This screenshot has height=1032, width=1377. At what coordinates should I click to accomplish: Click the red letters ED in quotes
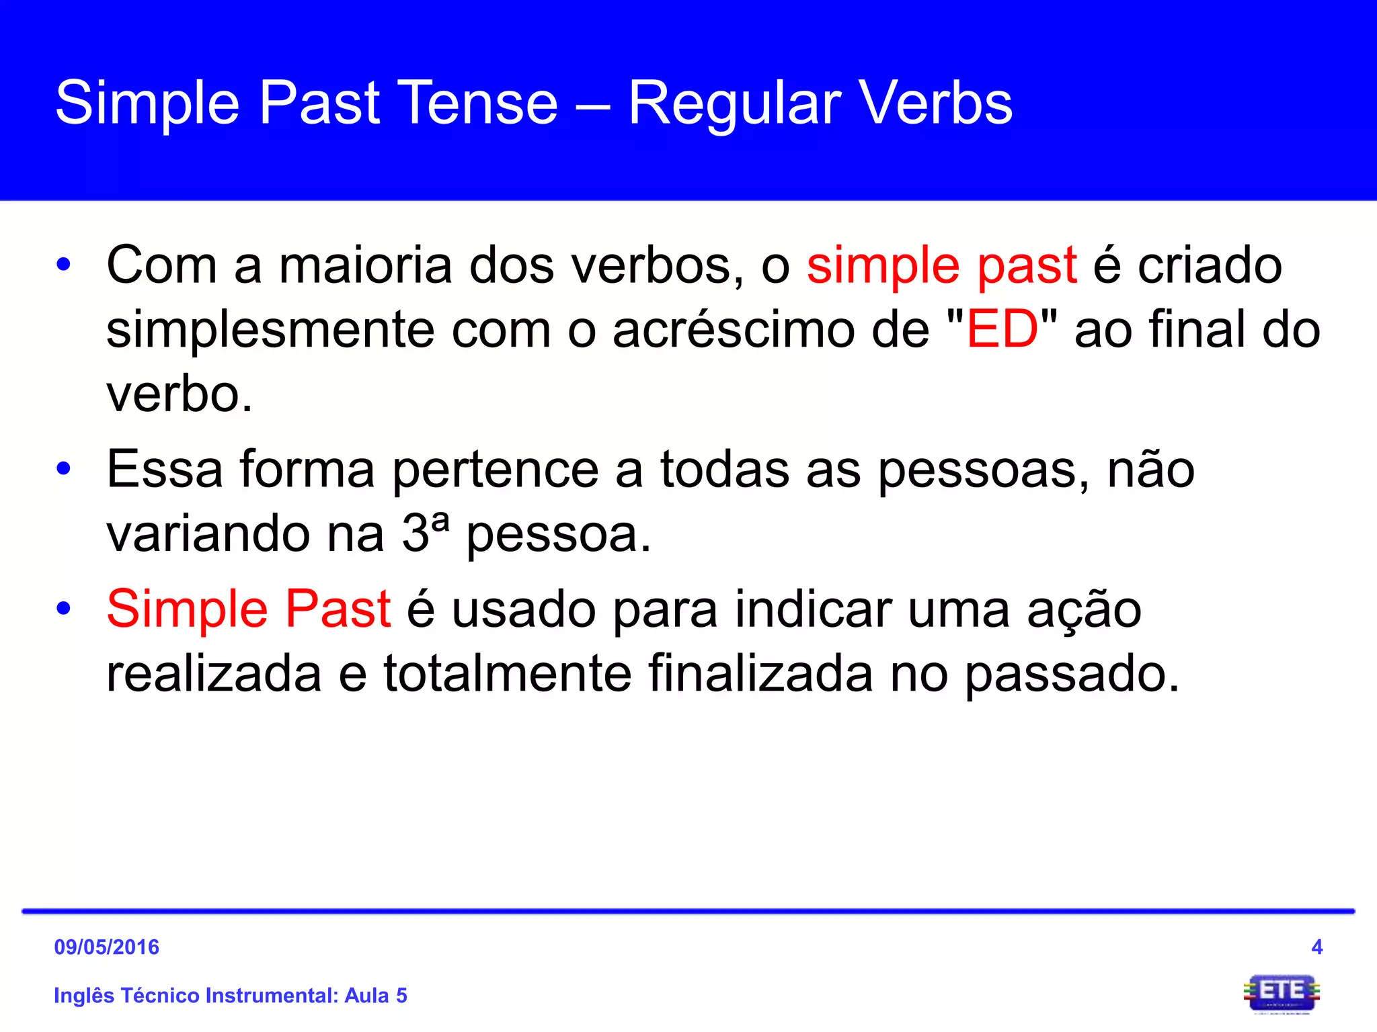coord(1002,329)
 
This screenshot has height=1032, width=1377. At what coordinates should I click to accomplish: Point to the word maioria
coord(365,265)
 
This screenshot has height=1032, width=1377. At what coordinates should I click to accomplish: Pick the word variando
coord(208,533)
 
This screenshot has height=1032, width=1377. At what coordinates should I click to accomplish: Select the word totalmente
coord(508,673)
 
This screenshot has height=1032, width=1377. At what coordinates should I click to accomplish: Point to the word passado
coord(1072,675)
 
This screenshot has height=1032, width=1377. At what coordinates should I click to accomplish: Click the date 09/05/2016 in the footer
coord(106,947)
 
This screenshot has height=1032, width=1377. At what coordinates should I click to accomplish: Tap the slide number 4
coord(1316,947)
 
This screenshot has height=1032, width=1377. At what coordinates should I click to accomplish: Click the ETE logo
coord(1281,993)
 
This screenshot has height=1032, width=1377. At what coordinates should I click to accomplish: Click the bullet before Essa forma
coord(63,468)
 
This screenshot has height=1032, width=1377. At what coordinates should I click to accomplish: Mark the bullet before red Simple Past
coord(63,608)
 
